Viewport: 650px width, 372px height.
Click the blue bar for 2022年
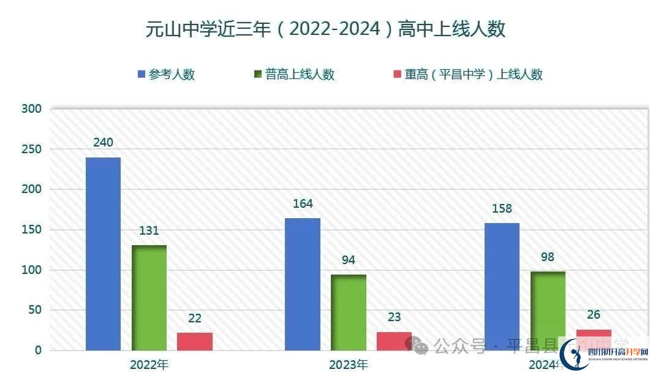103,254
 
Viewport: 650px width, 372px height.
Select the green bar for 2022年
149,298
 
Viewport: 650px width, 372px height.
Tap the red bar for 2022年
195,341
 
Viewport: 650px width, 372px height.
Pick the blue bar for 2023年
303,284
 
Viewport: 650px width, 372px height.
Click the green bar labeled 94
349,313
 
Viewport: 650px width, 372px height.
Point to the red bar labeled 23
394,341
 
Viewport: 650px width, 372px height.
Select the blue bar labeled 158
502,286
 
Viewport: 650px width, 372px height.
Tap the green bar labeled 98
548,311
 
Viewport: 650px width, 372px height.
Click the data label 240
103,142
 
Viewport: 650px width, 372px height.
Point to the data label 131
149,230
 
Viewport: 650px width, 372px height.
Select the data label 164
303,203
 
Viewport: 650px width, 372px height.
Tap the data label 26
594,315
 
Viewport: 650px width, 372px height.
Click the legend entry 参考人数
166,75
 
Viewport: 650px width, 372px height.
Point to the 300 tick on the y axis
31,109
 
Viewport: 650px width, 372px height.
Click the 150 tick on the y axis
31,230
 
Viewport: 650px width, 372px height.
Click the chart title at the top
325,29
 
